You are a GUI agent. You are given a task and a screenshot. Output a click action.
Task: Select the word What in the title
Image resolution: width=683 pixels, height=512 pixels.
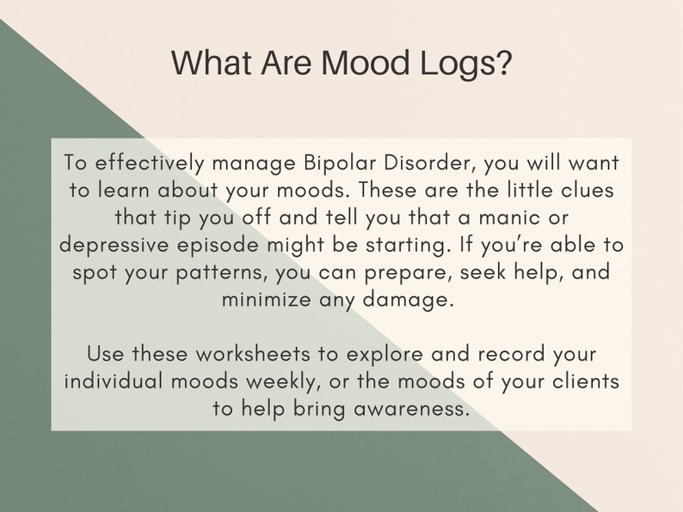tap(205, 64)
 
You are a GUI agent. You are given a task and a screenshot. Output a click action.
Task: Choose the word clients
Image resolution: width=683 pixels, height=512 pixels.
tap(581, 381)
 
